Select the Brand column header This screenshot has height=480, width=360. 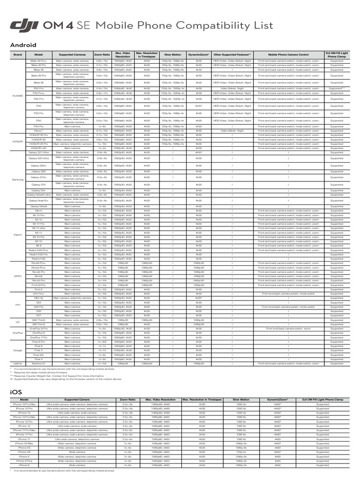(x=17, y=55)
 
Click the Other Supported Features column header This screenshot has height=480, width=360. (x=232, y=55)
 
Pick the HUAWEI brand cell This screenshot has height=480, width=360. (x=17, y=96)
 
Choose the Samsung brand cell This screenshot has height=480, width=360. (x=17, y=179)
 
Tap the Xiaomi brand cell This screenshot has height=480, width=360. (x=17, y=234)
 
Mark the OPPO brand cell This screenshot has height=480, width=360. (x=17, y=276)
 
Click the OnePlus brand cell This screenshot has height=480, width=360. (x=17, y=333)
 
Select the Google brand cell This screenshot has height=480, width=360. (x=17, y=350)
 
